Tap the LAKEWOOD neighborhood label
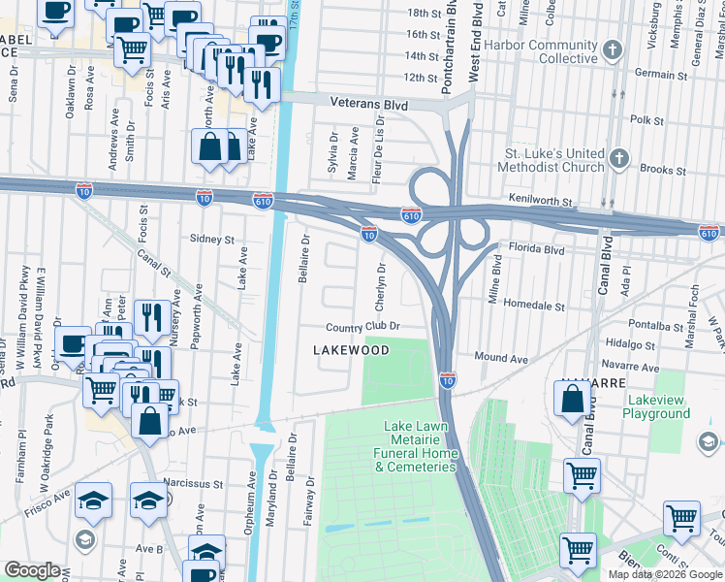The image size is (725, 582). (x=350, y=350)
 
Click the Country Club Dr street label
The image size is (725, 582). (x=362, y=328)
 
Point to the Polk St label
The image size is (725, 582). (x=646, y=121)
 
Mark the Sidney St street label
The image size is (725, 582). (x=212, y=239)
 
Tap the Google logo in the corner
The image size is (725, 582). (x=32, y=570)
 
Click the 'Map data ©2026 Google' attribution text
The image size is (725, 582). (x=665, y=574)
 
